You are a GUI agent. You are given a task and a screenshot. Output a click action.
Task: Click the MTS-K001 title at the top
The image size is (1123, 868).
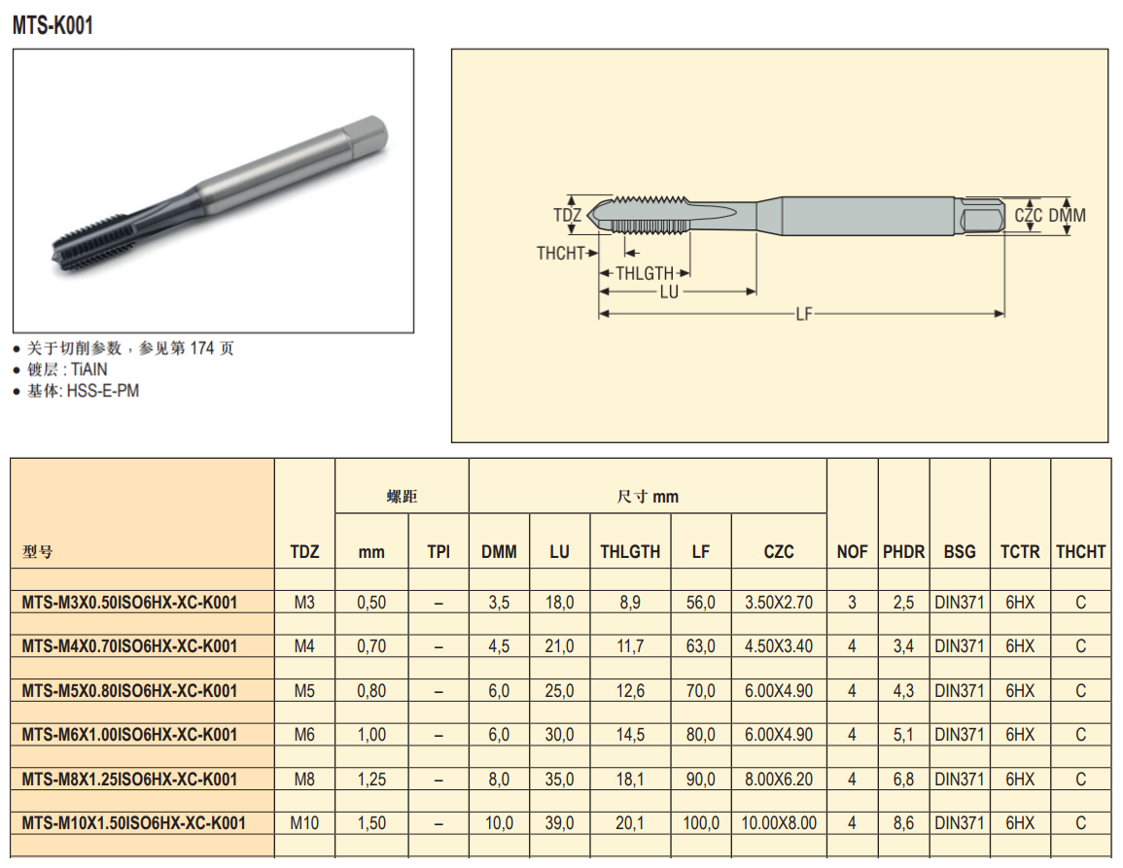click(53, 26)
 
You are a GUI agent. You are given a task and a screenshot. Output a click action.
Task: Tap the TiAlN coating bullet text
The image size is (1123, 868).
click(67, 369)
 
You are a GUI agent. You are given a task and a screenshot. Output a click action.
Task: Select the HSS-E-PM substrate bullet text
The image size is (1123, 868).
click(83, 391)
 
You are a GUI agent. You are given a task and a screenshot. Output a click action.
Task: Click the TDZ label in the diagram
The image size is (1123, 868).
click(567, 215)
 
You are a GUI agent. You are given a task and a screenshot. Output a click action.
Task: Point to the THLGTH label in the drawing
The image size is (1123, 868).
click(645, 273)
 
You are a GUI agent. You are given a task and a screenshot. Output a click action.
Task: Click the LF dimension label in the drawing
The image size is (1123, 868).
click(803, 314)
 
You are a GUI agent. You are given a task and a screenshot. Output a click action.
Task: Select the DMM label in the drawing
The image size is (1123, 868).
click(1068, 215)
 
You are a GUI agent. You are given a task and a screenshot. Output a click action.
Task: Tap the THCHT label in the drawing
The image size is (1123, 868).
click(561, 253)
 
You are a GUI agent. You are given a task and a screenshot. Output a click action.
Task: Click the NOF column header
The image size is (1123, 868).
click(853, 551)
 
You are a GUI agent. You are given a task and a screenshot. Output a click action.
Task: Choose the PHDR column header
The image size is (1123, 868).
click(904, 551)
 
